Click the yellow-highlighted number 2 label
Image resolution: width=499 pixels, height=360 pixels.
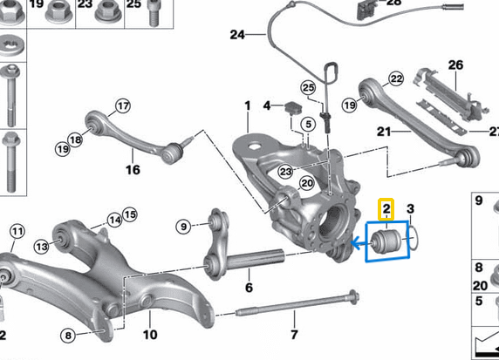pyautogui.click(x=385, y=209)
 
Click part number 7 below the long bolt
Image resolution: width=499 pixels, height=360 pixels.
pyautogui.click(x=294, y=335)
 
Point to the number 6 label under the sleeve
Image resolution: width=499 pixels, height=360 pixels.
pyautogui.click(x=249, y=287)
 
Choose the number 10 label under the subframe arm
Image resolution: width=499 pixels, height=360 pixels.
pyautogui.click(x=149, y=334)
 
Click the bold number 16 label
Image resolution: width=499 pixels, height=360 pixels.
pyautogui.click(x=133, y=170)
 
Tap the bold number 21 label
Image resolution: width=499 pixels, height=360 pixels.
pyautogui.click(x=381, y=132)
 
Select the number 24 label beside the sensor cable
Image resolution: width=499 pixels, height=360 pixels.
pyautogui.click(x=237, y=36)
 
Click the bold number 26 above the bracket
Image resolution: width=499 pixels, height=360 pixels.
pyautogui.click(x=455, y=65)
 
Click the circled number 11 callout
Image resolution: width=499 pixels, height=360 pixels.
pyautogui.click(x=17, y=232)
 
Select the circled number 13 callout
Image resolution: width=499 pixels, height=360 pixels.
pyautogui.click(x=40, y=248)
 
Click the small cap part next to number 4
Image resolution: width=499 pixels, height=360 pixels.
pyautogui.click(x=291, y=107)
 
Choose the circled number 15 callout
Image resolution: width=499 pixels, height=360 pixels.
pyautogui.click(x=130, y=214)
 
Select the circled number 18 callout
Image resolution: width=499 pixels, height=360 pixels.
pyautogui.click(x=77, y=139)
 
